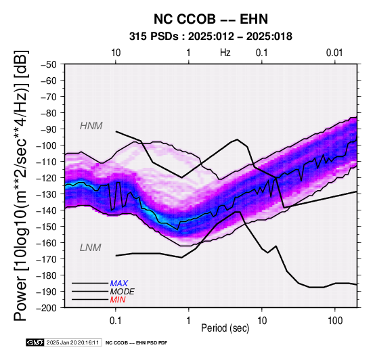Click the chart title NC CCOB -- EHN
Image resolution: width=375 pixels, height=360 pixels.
pos(211,19)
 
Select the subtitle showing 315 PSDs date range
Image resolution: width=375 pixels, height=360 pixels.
pos(211,37)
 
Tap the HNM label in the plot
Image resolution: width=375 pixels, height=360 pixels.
pos(91,126)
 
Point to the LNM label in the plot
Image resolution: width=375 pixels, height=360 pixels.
pos(91,248)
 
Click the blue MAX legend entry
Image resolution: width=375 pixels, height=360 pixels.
pos(119,284)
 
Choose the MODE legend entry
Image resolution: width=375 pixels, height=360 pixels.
pos(123,292)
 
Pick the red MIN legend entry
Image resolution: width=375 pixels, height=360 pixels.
pos(118,300)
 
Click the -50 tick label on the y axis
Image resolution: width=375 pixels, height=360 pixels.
pos(49,64)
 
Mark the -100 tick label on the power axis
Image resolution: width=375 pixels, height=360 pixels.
pos(47,145)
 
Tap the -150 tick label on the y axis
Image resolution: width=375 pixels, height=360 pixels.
pos(47,227)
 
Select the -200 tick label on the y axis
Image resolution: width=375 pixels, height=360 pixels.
pos(47,308)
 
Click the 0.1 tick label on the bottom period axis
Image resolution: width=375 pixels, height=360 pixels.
pos(116,321)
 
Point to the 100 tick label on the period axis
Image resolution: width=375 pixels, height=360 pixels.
pos(335,321)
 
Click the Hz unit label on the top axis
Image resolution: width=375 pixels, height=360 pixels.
pos(225,53)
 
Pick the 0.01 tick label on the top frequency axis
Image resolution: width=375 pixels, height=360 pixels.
pos(334,53)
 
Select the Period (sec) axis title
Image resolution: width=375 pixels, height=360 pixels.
pos(225,328)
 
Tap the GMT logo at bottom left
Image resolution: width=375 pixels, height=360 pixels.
pos(35,342)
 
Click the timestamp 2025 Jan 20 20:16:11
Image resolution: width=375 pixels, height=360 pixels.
pos(72,342)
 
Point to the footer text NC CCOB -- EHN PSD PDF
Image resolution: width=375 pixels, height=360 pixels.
pos(136,343)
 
